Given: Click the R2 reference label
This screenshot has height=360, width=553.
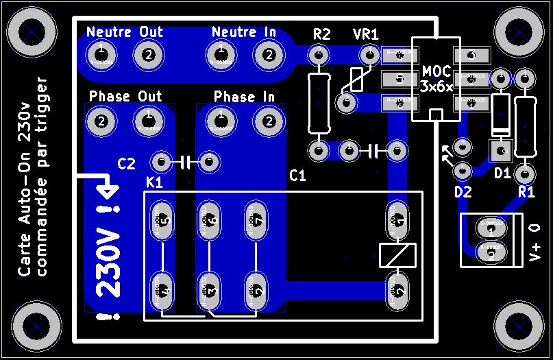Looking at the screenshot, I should coord(321,34).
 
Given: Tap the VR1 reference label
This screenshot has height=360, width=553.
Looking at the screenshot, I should coord(365,34).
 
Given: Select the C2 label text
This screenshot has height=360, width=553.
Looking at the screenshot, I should coord(127,163).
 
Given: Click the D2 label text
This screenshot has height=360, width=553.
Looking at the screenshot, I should coord(463,192).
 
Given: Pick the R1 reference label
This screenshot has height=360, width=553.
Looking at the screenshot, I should coord(526,192).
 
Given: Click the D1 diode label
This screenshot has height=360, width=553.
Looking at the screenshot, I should coord(502,173).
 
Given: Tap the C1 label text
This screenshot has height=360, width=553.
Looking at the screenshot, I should coord(297,176).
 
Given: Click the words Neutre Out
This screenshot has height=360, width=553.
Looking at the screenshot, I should coord(125,32).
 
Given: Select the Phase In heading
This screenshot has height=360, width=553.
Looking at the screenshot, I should coord(245,97).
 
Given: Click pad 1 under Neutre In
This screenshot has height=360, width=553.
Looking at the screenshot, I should coord(221,54).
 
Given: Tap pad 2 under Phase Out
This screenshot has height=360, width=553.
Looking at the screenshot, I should coord(101,122).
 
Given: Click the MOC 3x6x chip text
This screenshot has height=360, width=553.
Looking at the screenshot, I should coord(437,79).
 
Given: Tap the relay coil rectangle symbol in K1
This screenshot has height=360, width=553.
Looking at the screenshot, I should coord(397,254).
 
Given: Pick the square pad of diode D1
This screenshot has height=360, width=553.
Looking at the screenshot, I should coord(501,149).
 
